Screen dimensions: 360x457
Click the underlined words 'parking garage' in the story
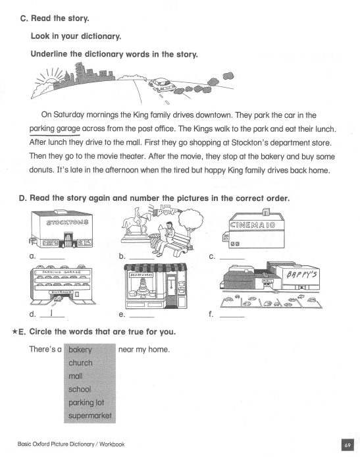(55, 128)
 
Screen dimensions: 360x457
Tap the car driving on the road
(161, 85)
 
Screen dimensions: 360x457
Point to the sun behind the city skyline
(51, 81)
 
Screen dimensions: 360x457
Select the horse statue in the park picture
(136, 223)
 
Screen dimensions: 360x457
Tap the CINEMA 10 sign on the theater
(252, 225)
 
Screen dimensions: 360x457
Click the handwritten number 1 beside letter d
(51, 313)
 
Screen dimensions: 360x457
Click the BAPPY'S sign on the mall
(301, 275)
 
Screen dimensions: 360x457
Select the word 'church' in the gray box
(80, 363)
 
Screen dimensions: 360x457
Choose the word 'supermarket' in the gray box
(90, 416)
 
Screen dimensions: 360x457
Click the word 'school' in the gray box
(80, 389)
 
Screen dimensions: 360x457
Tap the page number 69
(347, 445)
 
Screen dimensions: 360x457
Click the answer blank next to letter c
(232, 258)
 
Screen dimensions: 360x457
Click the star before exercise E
(14, 331)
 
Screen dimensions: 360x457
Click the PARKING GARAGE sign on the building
(61, 272)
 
